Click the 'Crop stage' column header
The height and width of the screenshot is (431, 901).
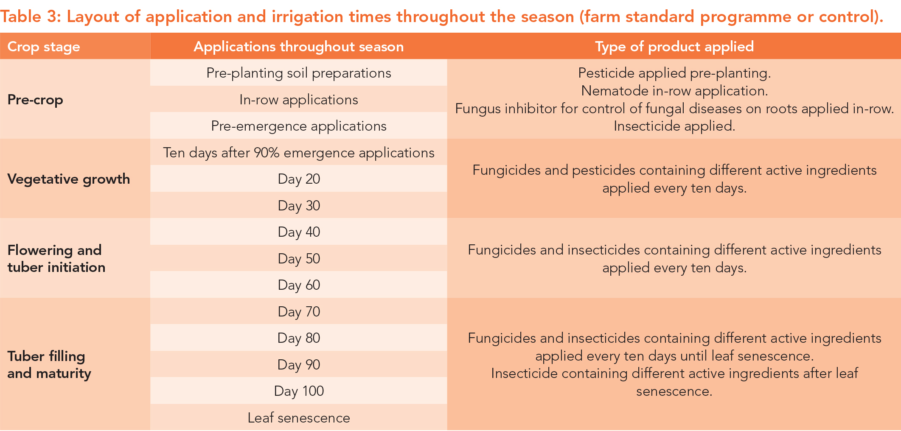[x=44, y=47]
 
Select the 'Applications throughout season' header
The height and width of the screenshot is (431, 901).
[x=299, y=47]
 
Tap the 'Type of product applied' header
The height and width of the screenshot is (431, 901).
[x=674, y=47]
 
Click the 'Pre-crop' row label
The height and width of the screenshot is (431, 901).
[x=35, y=100]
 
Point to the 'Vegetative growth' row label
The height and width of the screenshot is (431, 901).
[x=69, y=179]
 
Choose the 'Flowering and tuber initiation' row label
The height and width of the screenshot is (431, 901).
[x=56, y=259]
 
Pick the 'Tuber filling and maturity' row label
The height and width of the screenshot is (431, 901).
[x=49, y=365]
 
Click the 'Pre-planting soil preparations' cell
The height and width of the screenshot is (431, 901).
[x=299, y=73]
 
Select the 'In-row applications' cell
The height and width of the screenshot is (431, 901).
[x=299, y=100]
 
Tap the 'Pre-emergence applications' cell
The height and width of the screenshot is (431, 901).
[x=299, y=126]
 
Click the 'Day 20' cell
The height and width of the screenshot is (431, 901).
[x=299, y=179]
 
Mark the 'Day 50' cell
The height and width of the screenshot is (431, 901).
[x=299, y=259]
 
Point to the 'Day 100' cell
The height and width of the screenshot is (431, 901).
[x=299, y=391]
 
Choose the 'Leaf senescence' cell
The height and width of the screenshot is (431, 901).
[x=299, y=418]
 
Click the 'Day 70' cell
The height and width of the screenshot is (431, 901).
[x=299, y=312]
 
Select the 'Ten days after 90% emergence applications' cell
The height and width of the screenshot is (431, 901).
[x=299, y=153]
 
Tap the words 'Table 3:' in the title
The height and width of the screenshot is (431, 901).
[x=31, y=17]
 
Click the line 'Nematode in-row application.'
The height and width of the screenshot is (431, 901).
[x=674, y=91]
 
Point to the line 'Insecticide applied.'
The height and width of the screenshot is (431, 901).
[x=674, y=126]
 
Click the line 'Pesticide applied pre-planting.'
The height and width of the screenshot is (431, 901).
[x=674, y=73]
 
